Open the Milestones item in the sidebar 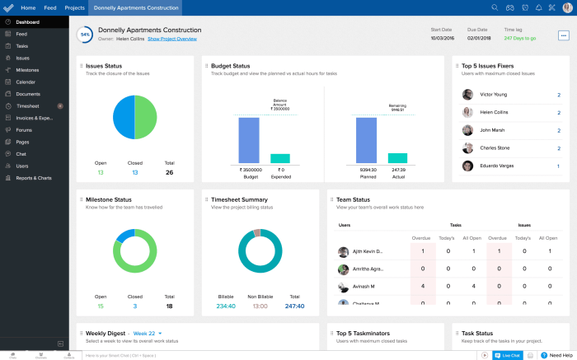click(27, 70)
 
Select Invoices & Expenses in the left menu click(34, 118)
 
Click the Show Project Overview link click(171, 39)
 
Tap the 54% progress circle click(84, 34)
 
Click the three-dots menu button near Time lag click(563, 35)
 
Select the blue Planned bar click(367, 139)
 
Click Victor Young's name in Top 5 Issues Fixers click(494, 95)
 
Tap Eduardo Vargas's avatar click(467, 166)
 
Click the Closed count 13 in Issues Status click(134, 172)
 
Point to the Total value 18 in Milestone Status click(169, 306)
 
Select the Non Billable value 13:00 click(260, 306)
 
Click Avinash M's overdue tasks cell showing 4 click(423, 287)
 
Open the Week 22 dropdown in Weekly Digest click(147, 333)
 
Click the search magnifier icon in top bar click(495, 7)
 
